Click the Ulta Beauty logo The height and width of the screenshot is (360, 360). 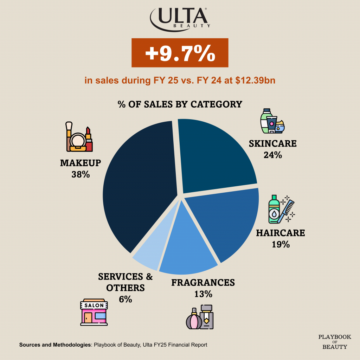(x=180, y=18)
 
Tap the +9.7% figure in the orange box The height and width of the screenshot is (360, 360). (x=180, y=53)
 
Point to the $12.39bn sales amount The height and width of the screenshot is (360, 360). (x=255, y=81)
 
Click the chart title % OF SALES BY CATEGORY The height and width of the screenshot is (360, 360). (x=180, y=104)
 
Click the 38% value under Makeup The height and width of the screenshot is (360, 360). (x=81, y=174)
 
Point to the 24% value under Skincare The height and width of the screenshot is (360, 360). (x=273, y=155)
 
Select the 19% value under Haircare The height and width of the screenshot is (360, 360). (x=281, y=244)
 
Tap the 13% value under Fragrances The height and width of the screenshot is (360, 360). (x=203, y=294)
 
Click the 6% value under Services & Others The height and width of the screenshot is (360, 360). (x=125, y=299)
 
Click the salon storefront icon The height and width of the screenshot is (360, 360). (x=94, y=312)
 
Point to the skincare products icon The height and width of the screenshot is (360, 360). (x=272, y=121)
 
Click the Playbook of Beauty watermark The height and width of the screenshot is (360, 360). (x=334, y=342)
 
